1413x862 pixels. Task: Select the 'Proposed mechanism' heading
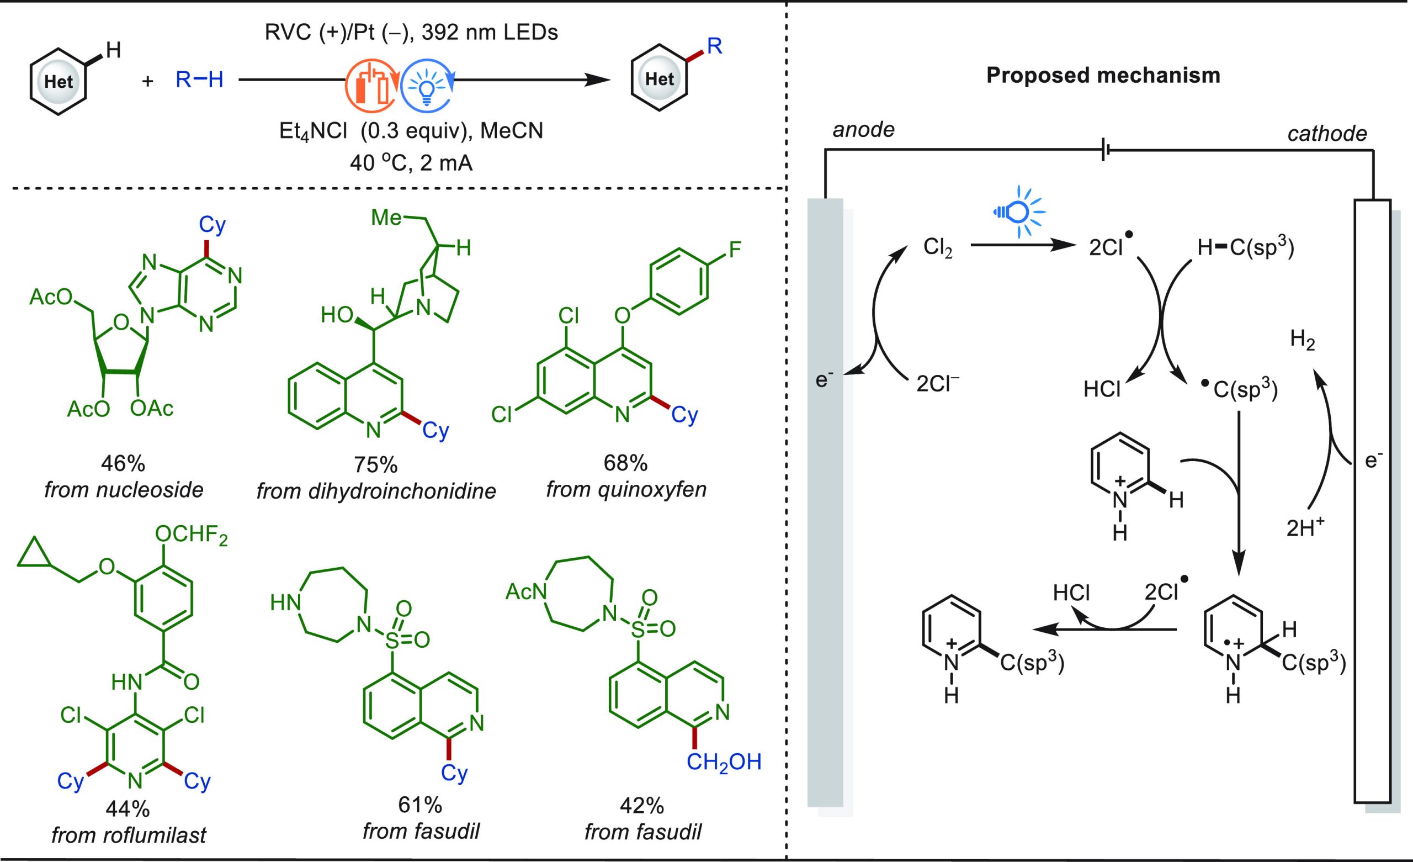tap(1103, 75)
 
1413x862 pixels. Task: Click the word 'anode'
tap(864, 130)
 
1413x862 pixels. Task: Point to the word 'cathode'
tap(1327, 133)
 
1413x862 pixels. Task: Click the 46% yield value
tap(123, 463)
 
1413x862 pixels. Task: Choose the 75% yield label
tap(376, 464)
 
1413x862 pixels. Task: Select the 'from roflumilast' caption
tap(129, 835)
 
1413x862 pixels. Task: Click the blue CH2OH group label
tap(724, 761)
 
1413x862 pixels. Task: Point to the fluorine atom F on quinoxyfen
tap(735, 250)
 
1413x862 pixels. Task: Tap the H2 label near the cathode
tap(1302, 341)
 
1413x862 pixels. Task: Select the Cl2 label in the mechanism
tap(938, 248)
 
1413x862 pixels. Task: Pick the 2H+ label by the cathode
tap(1305, 527)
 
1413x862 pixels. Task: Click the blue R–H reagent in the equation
tap(200, 80)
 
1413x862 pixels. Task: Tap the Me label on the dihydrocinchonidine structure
tap(386, 218)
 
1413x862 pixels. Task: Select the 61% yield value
tap(421, 805)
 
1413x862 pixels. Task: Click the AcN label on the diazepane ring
tap(525, 591)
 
